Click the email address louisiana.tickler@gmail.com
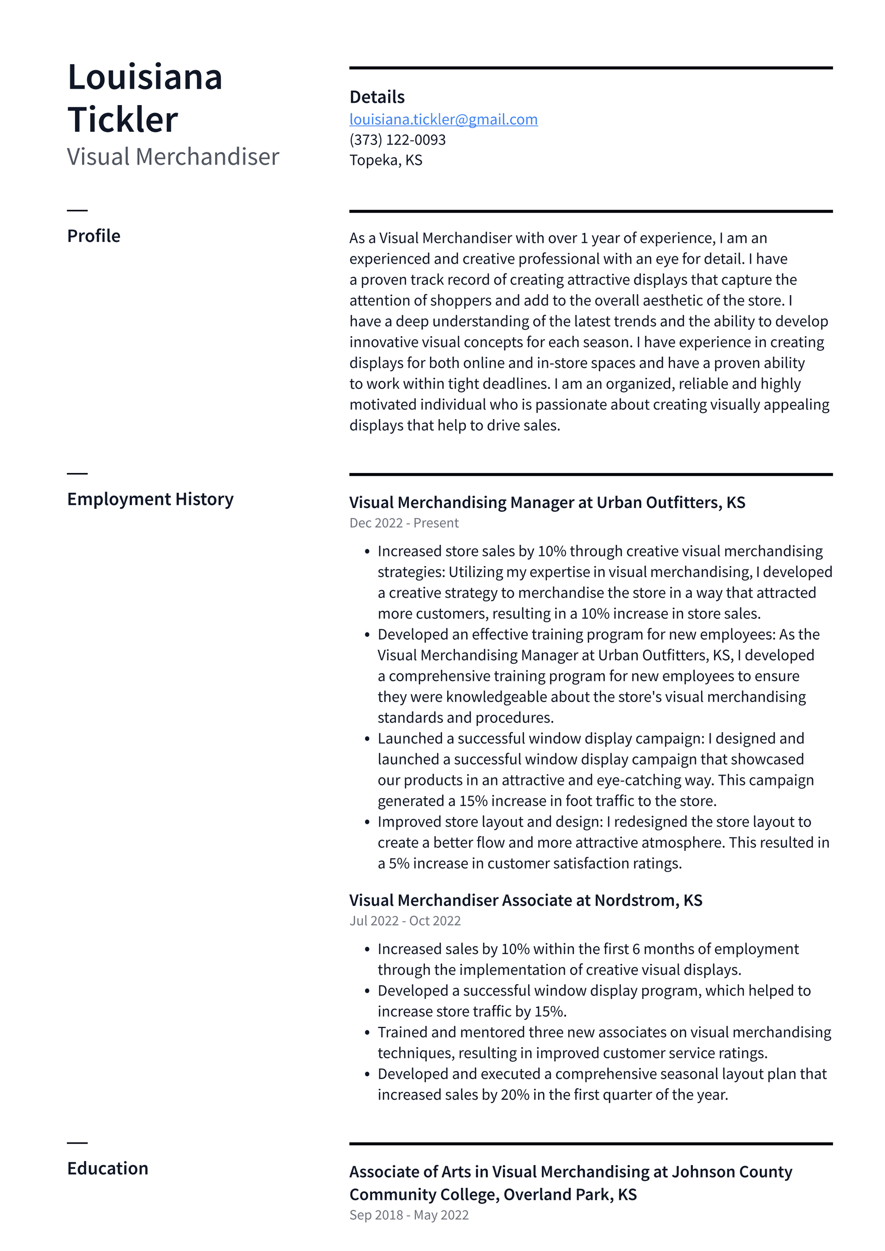[x=443, y=119]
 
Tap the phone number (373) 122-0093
[x=397, y=140]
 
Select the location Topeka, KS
[x=385, y=160]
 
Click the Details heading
[x=377, y=97]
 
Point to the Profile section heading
[x=94, y=236]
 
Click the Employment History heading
[x=150, y=499]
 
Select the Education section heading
[x=107, y=1168]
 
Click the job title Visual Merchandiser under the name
[x=173, y=157]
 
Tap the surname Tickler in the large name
[x=123, y=120]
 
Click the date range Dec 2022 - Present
[x=404, y=523]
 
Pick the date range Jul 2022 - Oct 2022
[x=405, y=921]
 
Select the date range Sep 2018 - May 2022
[x=409, y=1215]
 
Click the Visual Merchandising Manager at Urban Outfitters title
[x=547, y=502]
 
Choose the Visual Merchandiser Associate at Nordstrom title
[x=525, y=900]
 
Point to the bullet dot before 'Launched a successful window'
[x=367, y=739]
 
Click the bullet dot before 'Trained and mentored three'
[x=367, y=1033]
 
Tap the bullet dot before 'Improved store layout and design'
[x=367, y=823]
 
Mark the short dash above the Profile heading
[x=77, y=210]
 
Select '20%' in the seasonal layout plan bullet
[x=514, y=1095]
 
